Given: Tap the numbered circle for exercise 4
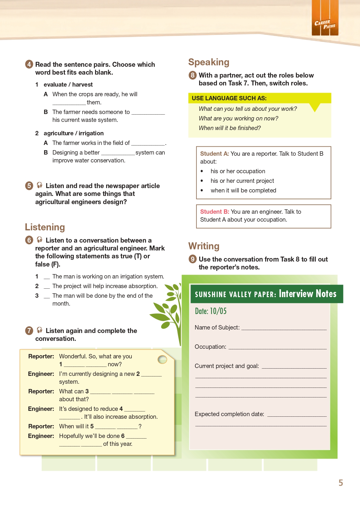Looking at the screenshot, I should click(x=29, y=64).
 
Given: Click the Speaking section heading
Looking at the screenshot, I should click(x=209, y=62).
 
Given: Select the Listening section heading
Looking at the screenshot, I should click(x=45, y=227).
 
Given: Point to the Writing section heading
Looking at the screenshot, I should click(x=204, y=246).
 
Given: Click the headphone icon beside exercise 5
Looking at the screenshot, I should click(x=40, y=185).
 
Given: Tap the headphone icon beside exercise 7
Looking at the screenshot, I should click(x=40, y=330).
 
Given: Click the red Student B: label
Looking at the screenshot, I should click(x=215, y=212).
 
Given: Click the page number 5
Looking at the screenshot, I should click(x=340, y=483).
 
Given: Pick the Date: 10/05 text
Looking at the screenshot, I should click(x=210, y=311).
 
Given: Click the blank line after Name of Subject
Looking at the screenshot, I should click(x=284, y=329).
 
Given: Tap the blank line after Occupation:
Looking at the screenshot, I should click(x=277, y=348).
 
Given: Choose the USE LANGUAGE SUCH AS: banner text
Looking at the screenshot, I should click(x=229, y=98).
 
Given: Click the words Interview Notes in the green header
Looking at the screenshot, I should click(x=308, y=294).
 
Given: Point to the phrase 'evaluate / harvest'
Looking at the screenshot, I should click(x=68, y=85).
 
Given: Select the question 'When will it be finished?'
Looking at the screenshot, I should click(x=230, y=128).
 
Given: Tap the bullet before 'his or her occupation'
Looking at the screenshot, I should click(x=202, y=171).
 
